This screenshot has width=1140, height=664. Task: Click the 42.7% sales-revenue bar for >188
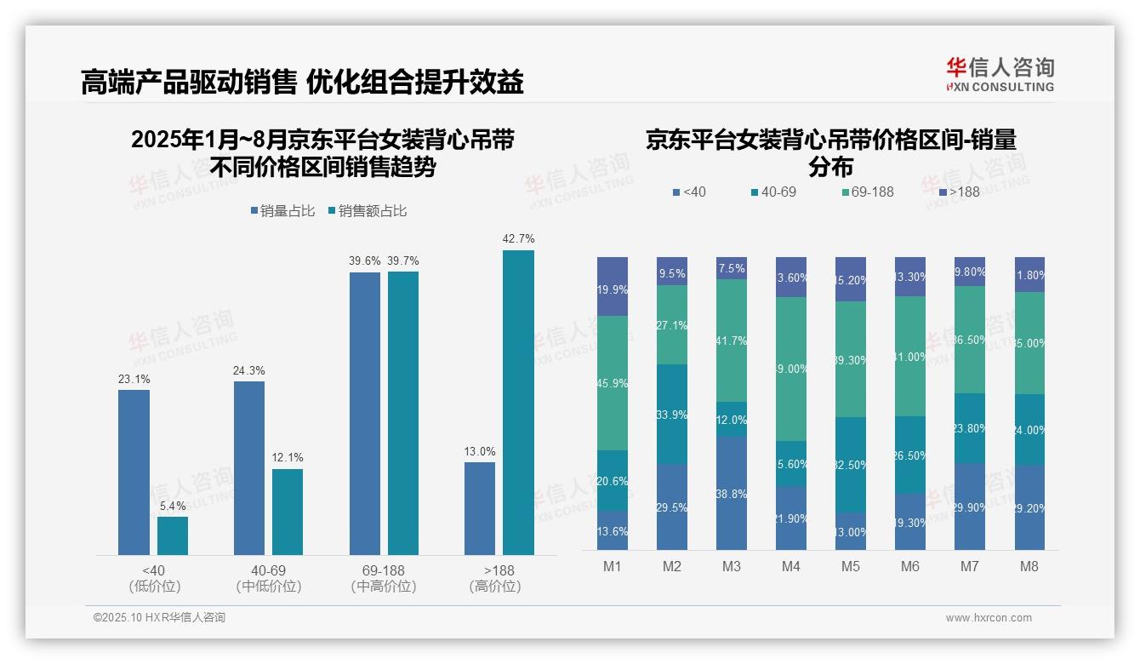518,402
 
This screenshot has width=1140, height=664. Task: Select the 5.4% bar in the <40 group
173,535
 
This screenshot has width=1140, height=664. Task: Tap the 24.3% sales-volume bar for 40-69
249,467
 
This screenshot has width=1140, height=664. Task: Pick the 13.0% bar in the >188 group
480,508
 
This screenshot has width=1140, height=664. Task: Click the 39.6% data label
364,261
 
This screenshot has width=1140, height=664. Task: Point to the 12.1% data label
288,458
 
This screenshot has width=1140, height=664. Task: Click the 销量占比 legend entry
286,211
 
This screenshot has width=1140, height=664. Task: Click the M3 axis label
732,567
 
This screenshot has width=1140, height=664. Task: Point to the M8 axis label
1029,567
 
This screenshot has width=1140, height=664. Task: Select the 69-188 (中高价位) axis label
383,578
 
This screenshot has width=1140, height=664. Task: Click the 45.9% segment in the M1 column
613,383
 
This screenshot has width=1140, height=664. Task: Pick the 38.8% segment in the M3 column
732,494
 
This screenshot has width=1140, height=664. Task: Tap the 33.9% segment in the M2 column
672,415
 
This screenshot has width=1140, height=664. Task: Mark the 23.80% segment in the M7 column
970,428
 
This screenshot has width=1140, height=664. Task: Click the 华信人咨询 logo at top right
1000,75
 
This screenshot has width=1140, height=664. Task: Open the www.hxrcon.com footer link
989,618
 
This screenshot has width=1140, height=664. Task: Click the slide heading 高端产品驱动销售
188,83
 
